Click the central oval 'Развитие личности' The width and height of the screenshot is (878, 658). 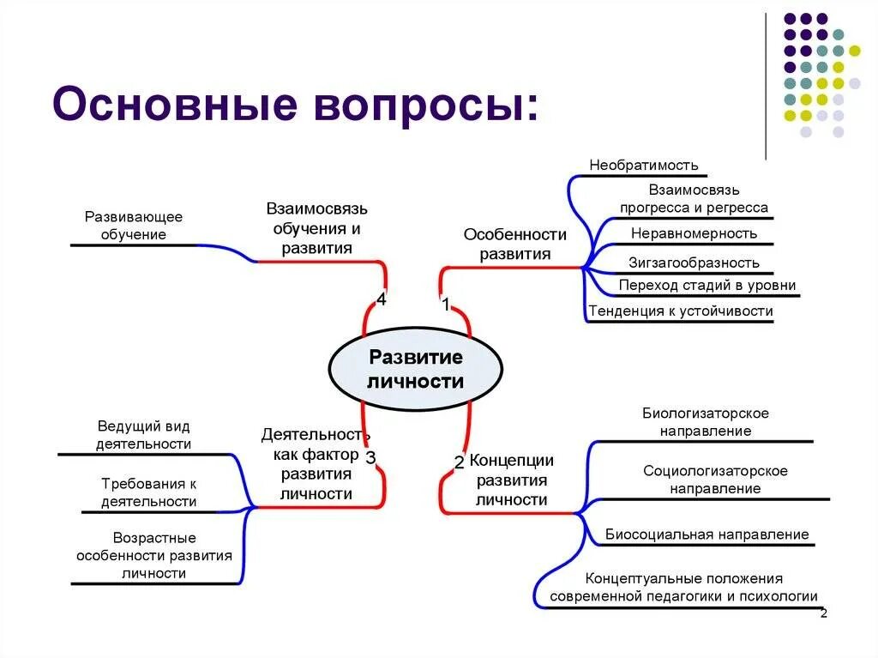click(x=416, y=368)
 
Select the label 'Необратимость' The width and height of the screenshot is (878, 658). click(x=643, y=165)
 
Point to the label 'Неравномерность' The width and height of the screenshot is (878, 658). click(x=694, y=232)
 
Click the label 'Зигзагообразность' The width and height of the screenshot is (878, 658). click(x=694, y=263)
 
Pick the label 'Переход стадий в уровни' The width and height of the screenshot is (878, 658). click(x=707, y=285)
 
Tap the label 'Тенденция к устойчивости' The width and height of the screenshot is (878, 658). click(x=681, y=311)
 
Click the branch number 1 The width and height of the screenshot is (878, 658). click(x=445, y=303)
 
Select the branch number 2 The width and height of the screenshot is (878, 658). click(x=459, y=462)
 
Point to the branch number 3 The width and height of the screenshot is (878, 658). click(x=370, y=457)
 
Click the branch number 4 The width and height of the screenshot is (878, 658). click(x=381, y=299)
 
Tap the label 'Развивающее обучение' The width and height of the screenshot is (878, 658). click(x=133, y=226)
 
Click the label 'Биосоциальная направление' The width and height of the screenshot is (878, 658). click(x=707, y=534)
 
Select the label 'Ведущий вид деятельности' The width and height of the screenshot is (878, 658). click(x=143, y=434)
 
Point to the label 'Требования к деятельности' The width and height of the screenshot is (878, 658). click(x=148, y=492)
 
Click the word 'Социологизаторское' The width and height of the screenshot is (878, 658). click(x=715, y=470)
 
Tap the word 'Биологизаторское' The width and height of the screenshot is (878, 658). click(x=706, y=413)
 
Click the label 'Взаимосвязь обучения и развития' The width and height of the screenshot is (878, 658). click(x=316, y=228)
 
